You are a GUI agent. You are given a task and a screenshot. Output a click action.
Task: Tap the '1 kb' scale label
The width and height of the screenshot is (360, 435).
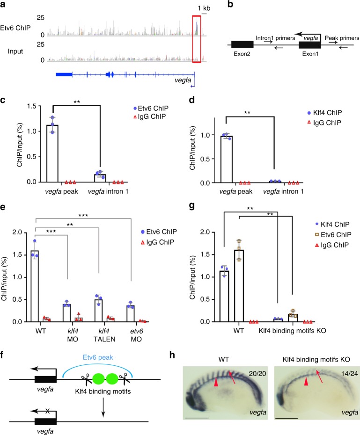click(204, 7)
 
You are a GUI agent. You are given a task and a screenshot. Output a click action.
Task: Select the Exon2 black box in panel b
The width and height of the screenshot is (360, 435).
click(242, 44)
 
